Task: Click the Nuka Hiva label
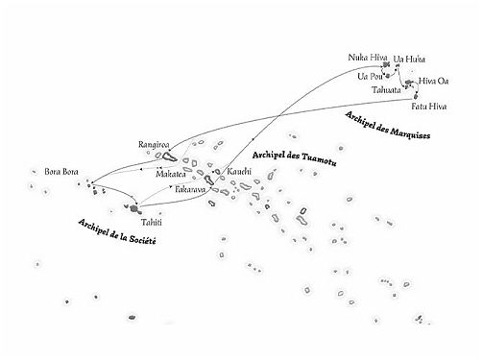pos(365,60)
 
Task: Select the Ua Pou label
pos(370,76)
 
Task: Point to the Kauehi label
pos(239,171)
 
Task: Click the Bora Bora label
pos(61,172)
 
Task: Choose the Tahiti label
pos(139,221)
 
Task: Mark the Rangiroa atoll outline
pos(168,156)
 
